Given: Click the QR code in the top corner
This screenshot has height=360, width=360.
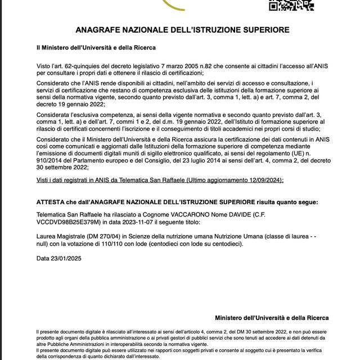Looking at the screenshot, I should [x=291, y=5].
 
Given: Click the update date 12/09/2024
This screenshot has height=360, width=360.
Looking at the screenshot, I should [x=263, y=180].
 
